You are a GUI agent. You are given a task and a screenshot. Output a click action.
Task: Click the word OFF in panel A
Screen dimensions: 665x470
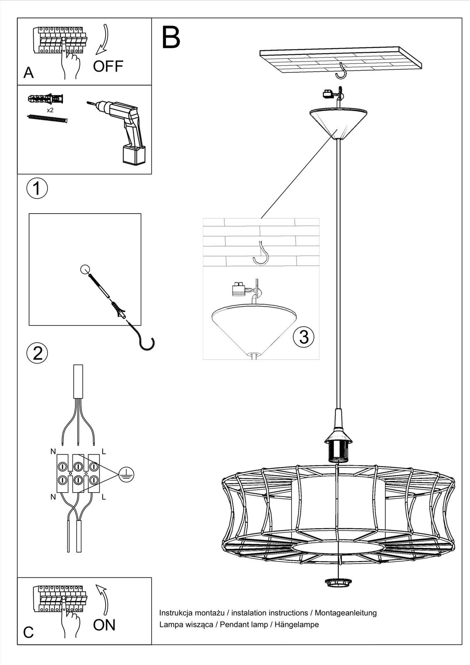coord(108,66)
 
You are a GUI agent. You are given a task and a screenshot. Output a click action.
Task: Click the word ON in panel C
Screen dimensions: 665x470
coord(104,625)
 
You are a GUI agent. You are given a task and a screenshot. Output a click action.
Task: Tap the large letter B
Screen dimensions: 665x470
coord(171,37)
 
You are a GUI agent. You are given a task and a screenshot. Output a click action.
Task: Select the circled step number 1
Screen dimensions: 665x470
coord(37,188)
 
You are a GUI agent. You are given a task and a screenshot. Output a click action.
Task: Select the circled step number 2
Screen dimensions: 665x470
coord(37,353)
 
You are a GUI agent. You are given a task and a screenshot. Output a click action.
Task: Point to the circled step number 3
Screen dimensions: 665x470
coord(304,337)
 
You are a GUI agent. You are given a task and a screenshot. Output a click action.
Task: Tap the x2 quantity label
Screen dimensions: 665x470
coord(50,111)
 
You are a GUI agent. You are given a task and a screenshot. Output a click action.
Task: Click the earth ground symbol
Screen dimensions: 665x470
coord(126,474)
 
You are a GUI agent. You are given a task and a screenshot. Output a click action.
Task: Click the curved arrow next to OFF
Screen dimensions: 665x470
coord(102,39)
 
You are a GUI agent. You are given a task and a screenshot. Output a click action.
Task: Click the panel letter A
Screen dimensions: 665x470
coord(28,73)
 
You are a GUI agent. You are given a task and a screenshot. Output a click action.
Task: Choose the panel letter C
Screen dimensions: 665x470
coord(28,633)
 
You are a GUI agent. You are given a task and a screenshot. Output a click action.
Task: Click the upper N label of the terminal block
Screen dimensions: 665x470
coord(53,451)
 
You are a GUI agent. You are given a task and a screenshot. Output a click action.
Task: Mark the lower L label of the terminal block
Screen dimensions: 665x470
coord(104,497)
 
